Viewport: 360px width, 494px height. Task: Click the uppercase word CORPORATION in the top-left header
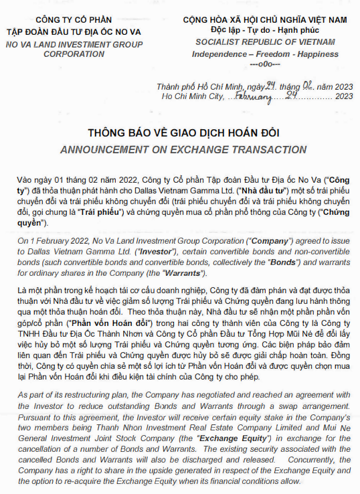[x=74, y=54]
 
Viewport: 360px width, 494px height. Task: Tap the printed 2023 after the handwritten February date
[x=345, y=96]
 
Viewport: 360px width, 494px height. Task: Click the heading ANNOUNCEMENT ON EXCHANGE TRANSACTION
[x=179, y=149]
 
